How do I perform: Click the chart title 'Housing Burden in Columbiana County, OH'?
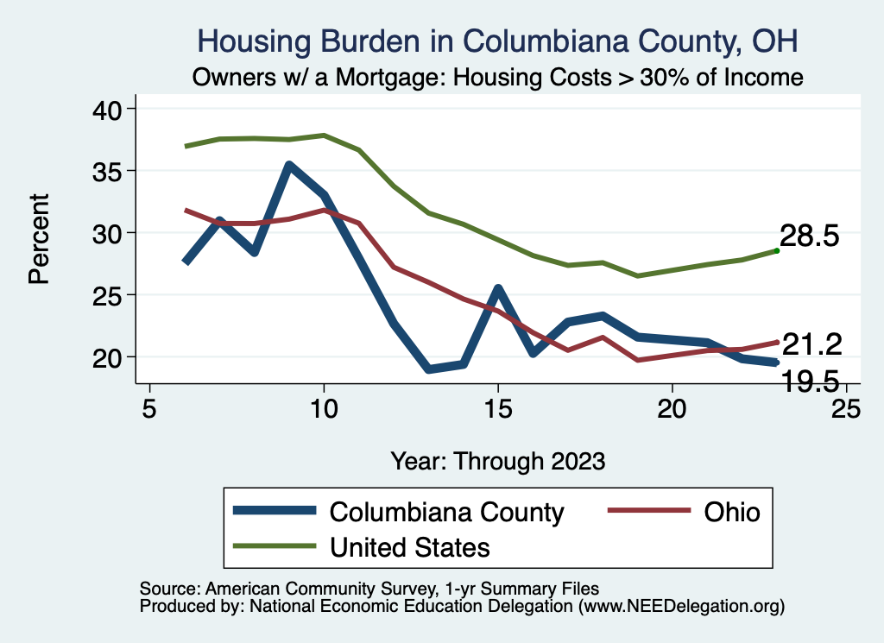pos(497,41)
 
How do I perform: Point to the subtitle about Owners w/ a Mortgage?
pos(497,77)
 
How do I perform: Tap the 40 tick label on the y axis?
pos(108,109)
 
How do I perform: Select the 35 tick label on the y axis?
pos(108,171)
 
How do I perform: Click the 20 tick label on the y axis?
pos(108,357)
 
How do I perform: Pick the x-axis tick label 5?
pos(149,408)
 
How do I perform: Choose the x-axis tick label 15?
pos(497,408)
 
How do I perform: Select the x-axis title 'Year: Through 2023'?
pos(497,460)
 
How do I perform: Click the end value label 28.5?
pos(810,236)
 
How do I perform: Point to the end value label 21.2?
pos(811,344)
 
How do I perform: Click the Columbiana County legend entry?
pos(446,512)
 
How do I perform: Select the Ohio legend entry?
pos(731,512)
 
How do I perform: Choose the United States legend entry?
pos(409,546)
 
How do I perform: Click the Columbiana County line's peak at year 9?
pos(289,165)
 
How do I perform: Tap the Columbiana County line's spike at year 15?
pos(498,288)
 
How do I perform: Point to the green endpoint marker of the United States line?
pos(777,250)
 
